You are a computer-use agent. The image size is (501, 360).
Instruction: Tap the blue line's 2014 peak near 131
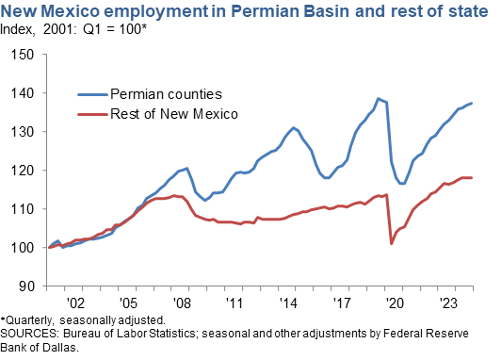pos(294,127)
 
